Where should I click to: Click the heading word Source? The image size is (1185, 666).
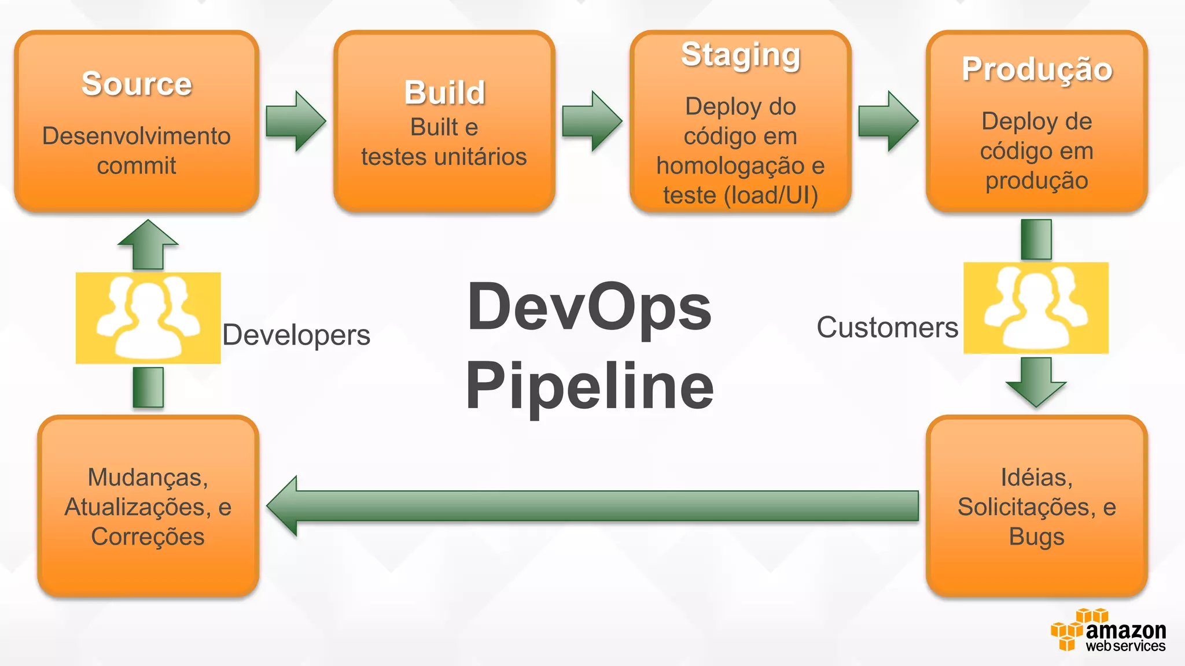pos(137,84)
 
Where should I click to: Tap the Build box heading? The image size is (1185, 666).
pos(444,92)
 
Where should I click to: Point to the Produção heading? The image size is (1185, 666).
pos(1037,69)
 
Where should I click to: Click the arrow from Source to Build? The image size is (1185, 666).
pos(296,121)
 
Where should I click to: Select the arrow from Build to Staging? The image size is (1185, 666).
pos(592,121)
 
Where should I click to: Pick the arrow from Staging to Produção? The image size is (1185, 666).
pos(888,121)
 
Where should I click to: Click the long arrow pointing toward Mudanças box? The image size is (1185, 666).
pos(590,506)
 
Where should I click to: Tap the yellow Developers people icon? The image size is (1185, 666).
pos(148,318)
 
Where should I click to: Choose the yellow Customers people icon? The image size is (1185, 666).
pos(1036,308)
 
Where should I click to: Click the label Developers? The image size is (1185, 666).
pos(296,335)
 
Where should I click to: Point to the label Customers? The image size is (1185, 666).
pos(887,328)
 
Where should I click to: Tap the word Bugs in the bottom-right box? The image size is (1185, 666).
pos(1036,537)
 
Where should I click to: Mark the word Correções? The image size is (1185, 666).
pos(148,537)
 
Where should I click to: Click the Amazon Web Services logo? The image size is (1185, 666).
pos(1108,631)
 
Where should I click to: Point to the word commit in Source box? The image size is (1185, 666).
pos(137,166)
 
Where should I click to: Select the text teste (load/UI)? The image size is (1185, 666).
pos(741,195)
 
